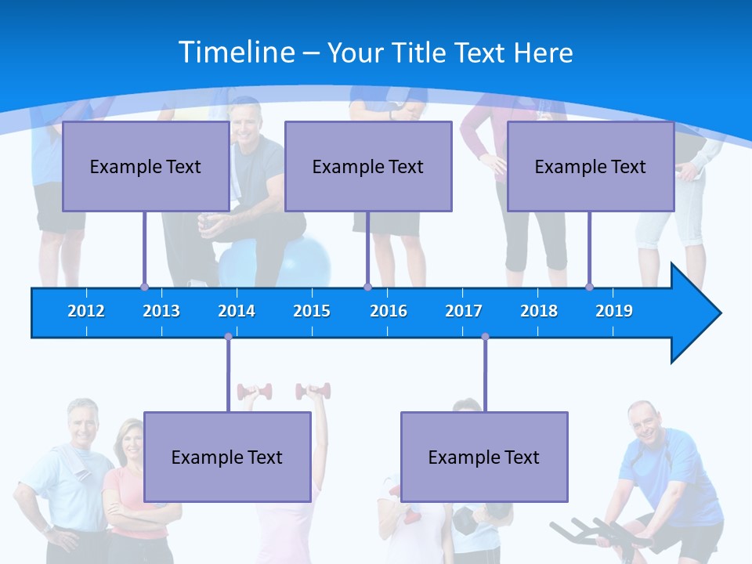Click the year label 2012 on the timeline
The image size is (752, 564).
[x=86, y=311]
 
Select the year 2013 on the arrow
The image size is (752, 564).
[x=161, y=311]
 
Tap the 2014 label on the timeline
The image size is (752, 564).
[x=237, y=311]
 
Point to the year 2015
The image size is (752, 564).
[x=312, y=311]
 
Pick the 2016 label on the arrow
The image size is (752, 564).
[x=389, y=311]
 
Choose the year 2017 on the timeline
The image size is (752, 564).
[x=464, y=311]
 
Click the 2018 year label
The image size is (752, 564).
[x=539, y=311]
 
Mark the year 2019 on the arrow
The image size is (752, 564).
[x=614, y=311]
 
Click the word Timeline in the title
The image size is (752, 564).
[x=236, y=52]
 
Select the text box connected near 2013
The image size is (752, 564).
[x=146, y=166]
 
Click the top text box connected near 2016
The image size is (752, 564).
[x=368, y=166]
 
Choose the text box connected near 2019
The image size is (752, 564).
[x=591, y=166]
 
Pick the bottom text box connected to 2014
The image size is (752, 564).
[x=227, y=457]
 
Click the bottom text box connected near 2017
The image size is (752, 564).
[x=484, y=457]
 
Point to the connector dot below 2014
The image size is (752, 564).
[x=228, y=337]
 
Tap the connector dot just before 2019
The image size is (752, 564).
[x=589, y=287]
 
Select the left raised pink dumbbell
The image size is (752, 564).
[x=255, y=391]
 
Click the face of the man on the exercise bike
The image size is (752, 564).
[x=644, y=422]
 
